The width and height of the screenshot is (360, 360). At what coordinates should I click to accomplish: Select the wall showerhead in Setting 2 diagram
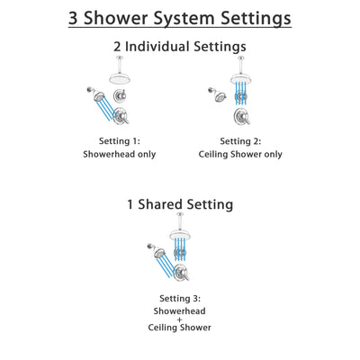(x=216, y=91)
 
